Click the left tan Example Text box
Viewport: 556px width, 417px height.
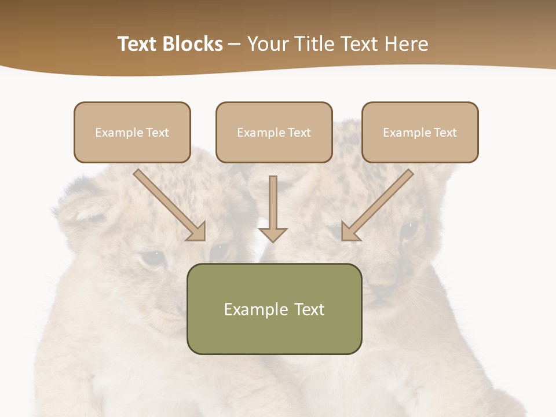[x=132, y=132]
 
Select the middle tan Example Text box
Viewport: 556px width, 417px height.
[x=274, y=132]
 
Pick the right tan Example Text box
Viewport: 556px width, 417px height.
[x=420, y=132]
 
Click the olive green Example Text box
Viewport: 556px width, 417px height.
[x=274, y=309]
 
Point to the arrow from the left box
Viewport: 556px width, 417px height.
[x=169, y=205]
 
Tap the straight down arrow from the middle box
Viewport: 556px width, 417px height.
[x=273, y=209]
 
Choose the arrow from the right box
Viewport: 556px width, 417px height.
[x=377, y=205]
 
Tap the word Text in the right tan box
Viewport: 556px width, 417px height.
[x=445, y=133]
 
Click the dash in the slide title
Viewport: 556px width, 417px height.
[x=235, y=44]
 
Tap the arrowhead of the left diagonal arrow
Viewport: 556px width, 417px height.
[x=197, y=232]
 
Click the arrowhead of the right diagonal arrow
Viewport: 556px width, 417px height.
[x=350, y=232]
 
